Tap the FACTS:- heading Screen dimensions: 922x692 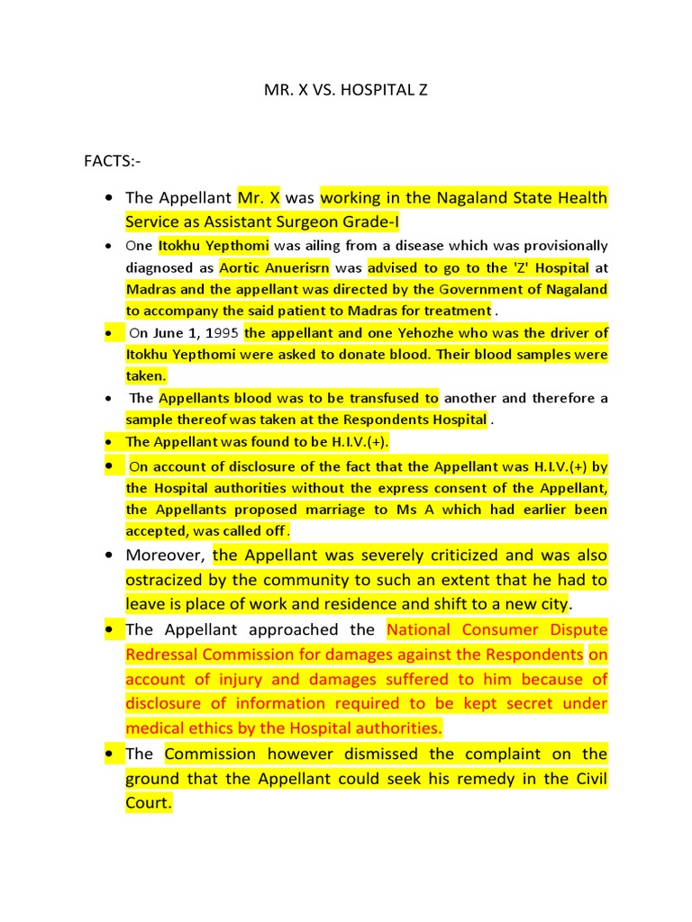point(112,161)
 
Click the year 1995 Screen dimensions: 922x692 point(221,333)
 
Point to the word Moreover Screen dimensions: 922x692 point(165,555)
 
